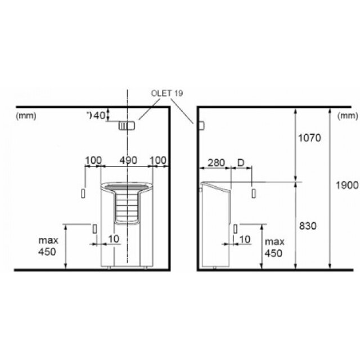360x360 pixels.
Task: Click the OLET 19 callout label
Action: [x=167, y=93]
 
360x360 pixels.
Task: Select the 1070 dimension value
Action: [x=309, y=138]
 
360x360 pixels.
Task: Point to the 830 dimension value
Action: [x=308, y=226]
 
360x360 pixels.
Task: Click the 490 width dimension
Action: [x=128, y=160]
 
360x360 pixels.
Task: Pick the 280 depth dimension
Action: [x=216, y=163]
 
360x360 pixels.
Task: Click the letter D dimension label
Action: [x=241, y=163]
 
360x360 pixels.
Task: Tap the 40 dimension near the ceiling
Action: [x=99, y=115]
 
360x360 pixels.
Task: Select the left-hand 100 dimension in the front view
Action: [x=93, y=160]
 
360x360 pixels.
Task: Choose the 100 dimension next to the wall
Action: [x=157, y=160]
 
